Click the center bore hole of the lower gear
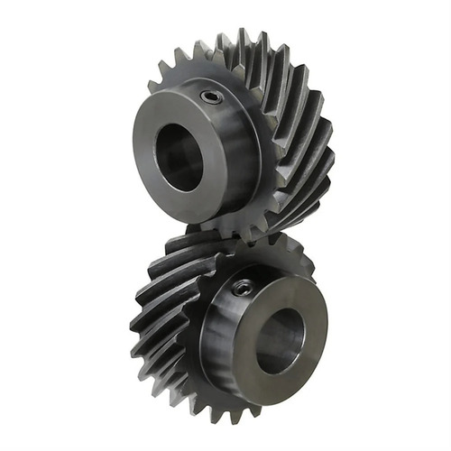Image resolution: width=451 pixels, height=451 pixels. coord(280,339)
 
